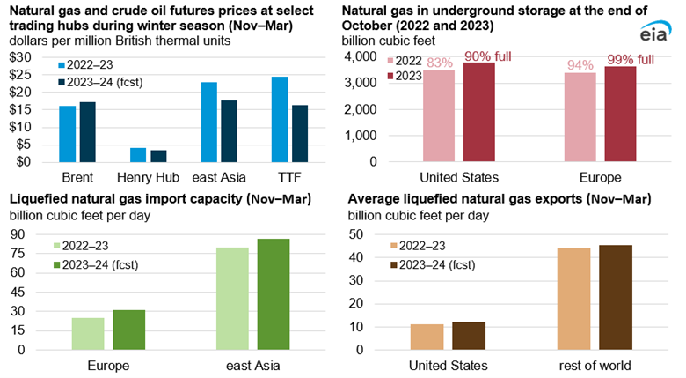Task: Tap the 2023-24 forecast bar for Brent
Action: tap(87, 132)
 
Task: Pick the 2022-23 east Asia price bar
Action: tap(209, 122)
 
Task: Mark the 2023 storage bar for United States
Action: tap(480, 112)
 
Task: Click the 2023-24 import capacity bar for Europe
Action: tap(128, 330)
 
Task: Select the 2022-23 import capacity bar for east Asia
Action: tap(232, 299)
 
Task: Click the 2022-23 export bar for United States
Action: tap(427, 337)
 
